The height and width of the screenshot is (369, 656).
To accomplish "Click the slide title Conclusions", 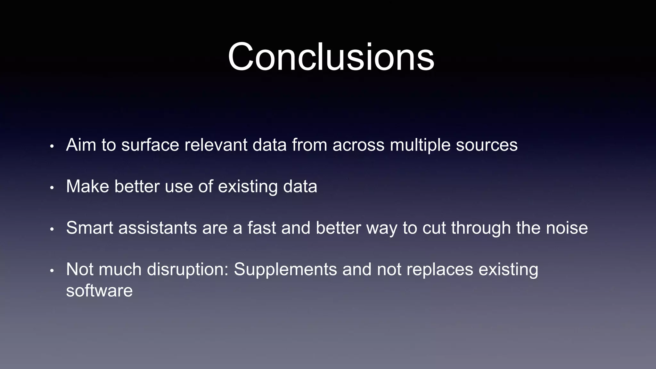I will point(331,57).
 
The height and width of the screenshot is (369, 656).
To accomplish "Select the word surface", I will point(150,145).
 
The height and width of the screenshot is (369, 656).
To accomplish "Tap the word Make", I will point(87,186).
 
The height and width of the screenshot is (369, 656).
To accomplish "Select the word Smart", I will point(90,228).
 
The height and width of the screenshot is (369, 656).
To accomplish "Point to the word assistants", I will point(158,228).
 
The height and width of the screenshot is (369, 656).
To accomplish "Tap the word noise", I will point(567,228).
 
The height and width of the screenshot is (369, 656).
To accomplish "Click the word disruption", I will point(187,269).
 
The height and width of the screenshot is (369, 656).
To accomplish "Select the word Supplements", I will point(285,269).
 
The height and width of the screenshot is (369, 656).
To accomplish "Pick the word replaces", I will point(440,269).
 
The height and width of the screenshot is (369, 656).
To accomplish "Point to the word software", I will point(99,291).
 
